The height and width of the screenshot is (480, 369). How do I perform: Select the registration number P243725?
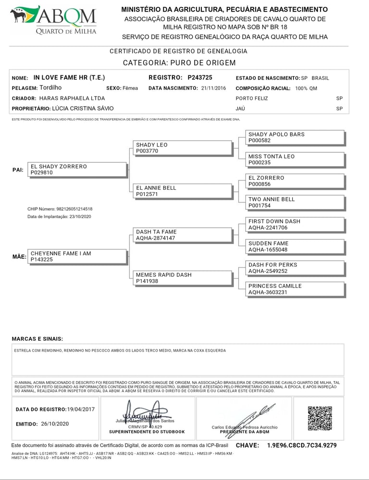[x=200, y=77]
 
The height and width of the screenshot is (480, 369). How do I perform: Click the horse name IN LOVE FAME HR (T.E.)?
[x=69, y=77]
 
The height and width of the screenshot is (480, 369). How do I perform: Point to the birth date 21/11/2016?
[x=214, y=88]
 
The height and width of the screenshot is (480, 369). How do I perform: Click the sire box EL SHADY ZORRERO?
[x=77, y=170]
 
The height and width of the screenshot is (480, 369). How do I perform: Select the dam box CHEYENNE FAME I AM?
[x=77, y=257]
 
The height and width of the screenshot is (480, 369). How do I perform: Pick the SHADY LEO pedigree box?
[x=182, y=148]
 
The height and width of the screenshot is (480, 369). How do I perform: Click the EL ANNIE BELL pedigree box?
[x=182, y=191]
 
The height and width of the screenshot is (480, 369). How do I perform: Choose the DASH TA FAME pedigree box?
[x=182, y=235]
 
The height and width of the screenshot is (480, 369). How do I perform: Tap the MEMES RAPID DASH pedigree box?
[x=182, y=278]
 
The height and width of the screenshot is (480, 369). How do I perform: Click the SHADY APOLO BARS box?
[x=295, y=137]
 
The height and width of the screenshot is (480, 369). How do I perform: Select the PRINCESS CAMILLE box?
[x=295, y=289]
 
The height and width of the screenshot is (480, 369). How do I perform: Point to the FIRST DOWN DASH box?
[x=295, y=224]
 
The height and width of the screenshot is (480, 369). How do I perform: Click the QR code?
[x=320, y=418]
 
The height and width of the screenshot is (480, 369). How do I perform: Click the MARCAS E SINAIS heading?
[x=37, y=339]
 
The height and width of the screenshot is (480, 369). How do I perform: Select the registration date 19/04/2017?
[x=81, y=409]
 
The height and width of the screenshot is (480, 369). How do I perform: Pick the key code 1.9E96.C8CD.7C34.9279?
[x=302, y=446]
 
